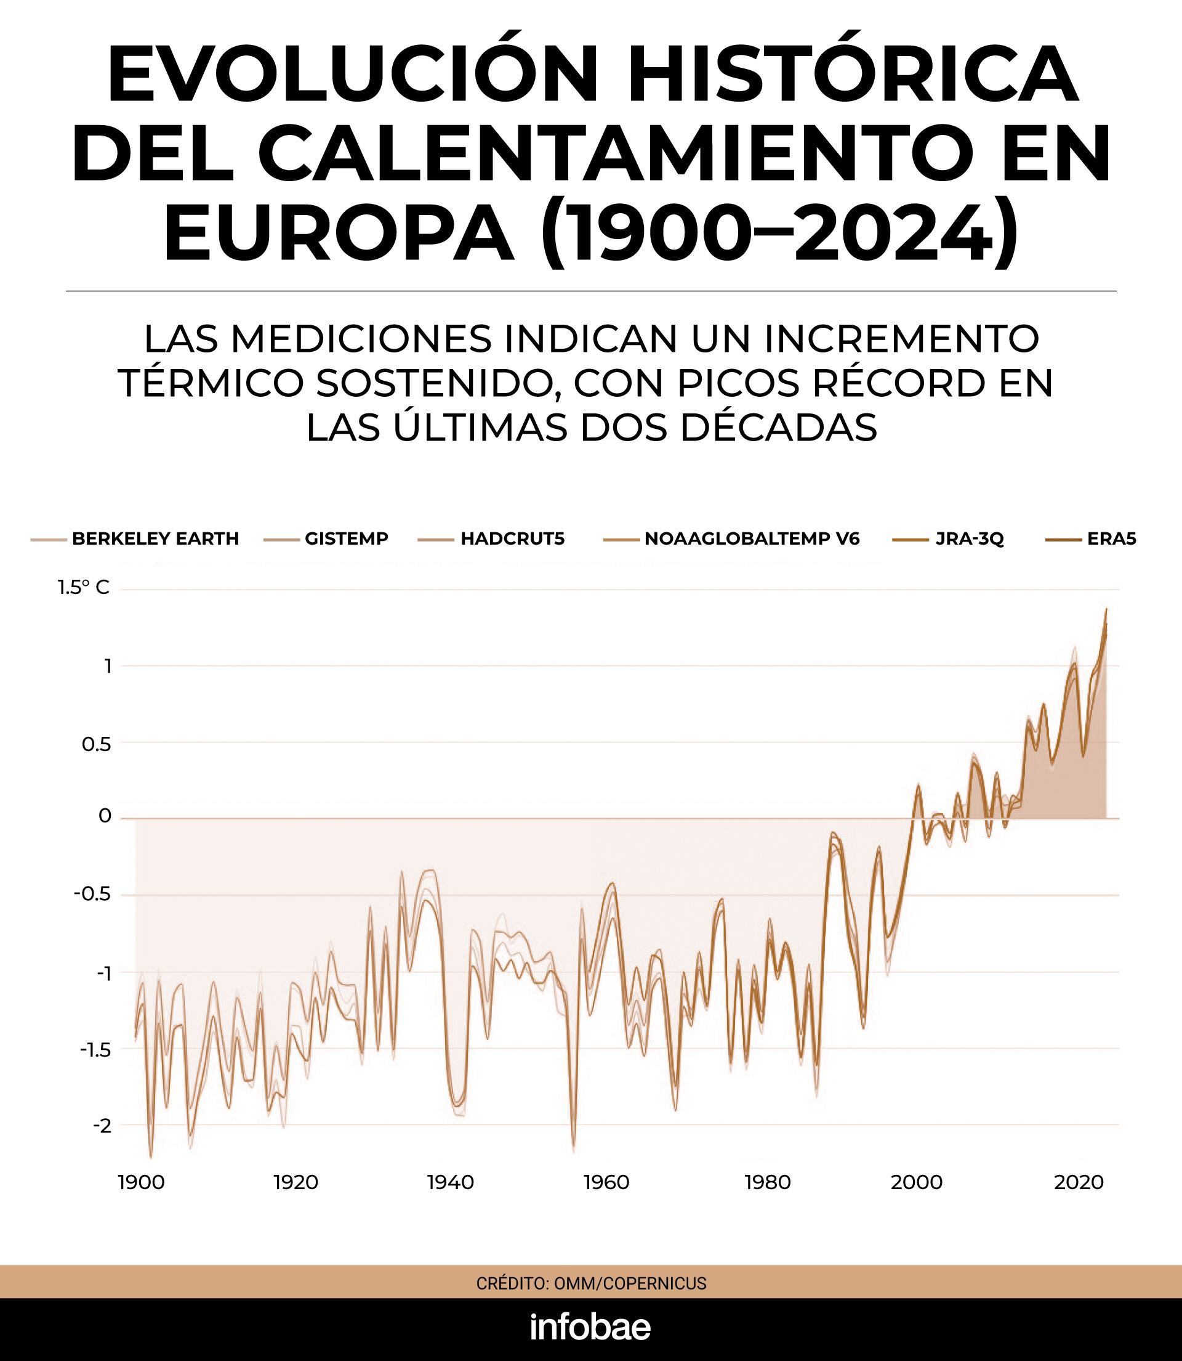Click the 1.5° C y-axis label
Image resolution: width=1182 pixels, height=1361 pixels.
pyautogui.click(x=83, y=587)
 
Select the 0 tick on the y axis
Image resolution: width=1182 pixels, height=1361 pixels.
pyautogui.click(x=104, y=816)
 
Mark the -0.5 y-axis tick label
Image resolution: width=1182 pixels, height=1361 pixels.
pyautogui.click(x=92, y=895)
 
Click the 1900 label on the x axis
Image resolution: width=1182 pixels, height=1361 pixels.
pyautogui.click(x=141, y=1182)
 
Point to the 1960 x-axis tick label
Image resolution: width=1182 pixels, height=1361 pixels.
pyautogui.click(x=606, y=1182)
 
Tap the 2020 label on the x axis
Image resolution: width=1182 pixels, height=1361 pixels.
pyautogui.click(x=1079, y=1182)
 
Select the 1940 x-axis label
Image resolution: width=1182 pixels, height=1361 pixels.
pyautogui.click(x=451, y=1182)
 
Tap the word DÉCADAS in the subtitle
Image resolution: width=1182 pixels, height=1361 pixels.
pyautogui.click(x=778, y=428)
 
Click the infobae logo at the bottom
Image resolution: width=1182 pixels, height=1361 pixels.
pyautogui.click(x=590, y=1327)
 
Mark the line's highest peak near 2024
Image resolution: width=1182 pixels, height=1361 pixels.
pyautogui.click(x=1106, y=609)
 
